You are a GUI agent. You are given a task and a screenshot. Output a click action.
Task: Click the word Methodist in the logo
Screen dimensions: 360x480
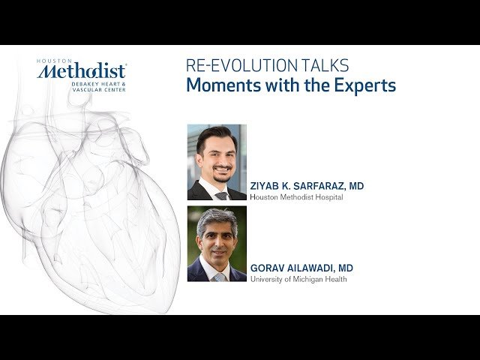[x=82, y=71]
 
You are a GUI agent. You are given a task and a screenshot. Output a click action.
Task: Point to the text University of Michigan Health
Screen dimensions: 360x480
[x=298, y=280]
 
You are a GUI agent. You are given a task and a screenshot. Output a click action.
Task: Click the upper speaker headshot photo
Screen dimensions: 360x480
[x=217, y=162]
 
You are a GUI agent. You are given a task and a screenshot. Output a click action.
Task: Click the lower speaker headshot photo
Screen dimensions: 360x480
[x=217, y=244]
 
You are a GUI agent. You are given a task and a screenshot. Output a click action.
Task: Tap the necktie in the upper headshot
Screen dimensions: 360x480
[x=221, y=195]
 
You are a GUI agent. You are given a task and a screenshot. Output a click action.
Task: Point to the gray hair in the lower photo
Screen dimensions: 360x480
[x=217, y=218]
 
